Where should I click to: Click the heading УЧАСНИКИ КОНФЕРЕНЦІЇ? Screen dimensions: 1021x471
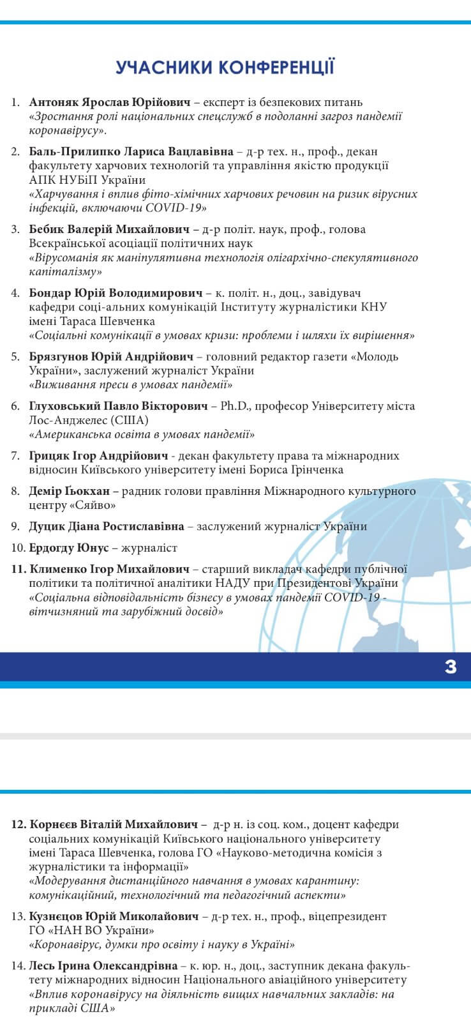pos(225,67)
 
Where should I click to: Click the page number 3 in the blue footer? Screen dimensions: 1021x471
pos(451,667)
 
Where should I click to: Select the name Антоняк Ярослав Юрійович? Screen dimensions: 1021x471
pos(110,102)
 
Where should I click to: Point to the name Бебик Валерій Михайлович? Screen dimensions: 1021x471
pos(109,229)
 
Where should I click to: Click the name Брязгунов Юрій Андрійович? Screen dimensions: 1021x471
pos(110,356)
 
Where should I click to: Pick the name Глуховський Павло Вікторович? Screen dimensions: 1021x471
pos(119,406)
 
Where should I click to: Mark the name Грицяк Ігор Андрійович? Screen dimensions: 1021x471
pos(98,456)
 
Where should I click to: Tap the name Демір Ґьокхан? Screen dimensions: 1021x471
pos(70,491)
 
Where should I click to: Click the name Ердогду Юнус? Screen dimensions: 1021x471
pos(69,548)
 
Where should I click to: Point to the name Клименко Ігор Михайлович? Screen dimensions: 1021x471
pos(109,569)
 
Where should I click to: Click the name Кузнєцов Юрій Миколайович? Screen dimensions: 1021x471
pos(114,916)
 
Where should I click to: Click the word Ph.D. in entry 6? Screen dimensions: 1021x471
pos(234,406)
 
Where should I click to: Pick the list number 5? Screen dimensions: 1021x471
pos(15,356)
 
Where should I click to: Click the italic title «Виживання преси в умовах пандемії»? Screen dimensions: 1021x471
pos(131,385)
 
